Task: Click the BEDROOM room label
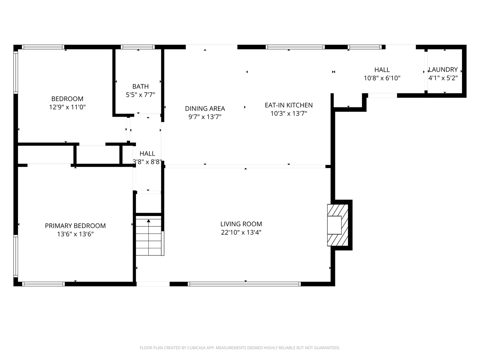[67, 99]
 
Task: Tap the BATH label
[140, 86]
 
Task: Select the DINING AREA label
[205, 108]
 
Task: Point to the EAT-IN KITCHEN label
[289, 105]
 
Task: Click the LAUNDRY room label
[443, 70]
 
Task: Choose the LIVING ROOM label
[241, 224]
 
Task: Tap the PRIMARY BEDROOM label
[75, 226]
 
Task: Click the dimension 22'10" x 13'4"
[241, 232]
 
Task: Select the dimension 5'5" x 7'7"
[140, 95]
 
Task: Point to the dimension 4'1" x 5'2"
[443, 78]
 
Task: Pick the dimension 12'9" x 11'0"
[67, 107]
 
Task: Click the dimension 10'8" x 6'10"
[382, 78]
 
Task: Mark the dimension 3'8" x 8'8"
[147, 162]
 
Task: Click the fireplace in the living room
[338, 225]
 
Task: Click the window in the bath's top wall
[138, 47]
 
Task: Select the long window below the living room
[244, 284]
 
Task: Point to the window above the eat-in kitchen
[295, 47]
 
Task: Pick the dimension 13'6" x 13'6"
[75, 234]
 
